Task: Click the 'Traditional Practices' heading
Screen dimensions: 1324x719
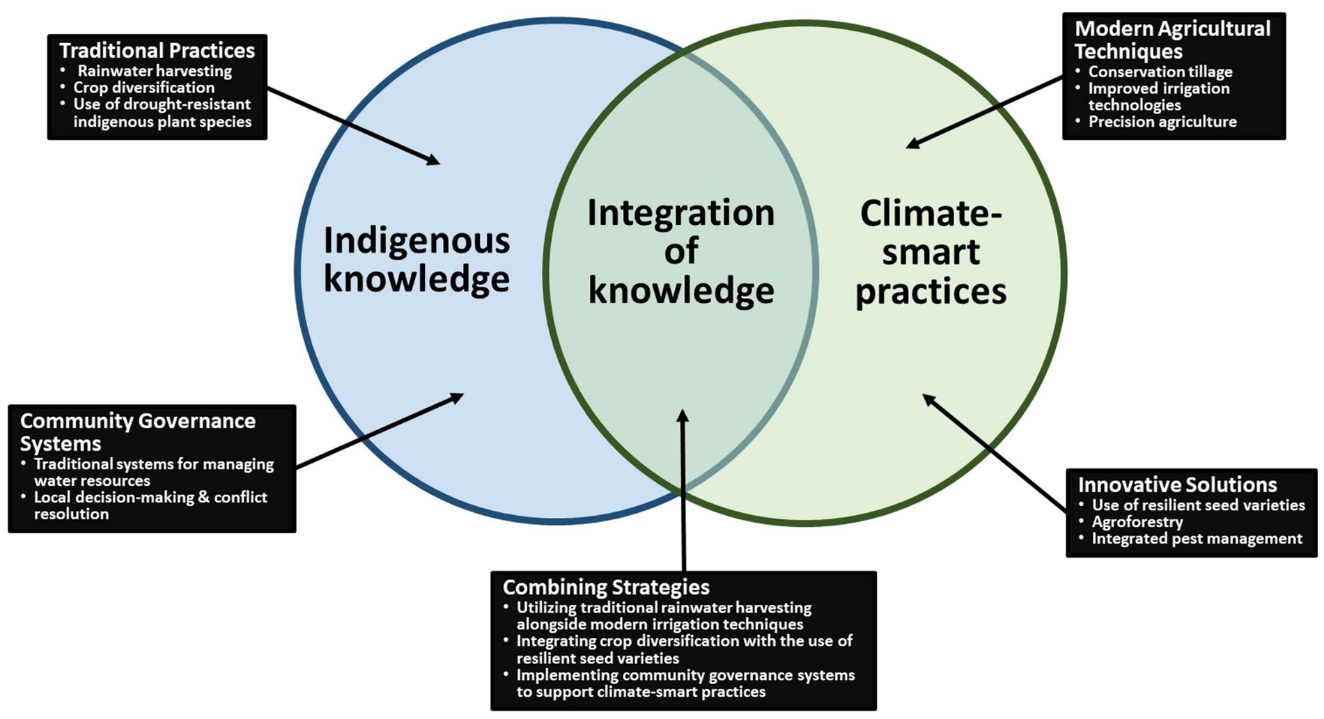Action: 157,51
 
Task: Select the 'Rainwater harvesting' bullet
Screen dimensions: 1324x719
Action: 154,71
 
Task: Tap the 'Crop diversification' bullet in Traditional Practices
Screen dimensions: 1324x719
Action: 143,88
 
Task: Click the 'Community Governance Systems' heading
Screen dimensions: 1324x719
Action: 137,432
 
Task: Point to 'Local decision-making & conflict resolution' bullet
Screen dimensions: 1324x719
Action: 150,505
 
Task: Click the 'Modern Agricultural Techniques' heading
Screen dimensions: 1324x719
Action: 1172,40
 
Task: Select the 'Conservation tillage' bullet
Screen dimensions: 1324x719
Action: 1160,72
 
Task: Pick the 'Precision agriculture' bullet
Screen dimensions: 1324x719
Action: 1162,122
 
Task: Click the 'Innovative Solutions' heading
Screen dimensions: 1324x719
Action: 1177,484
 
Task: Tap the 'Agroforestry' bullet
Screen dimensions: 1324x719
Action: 1137,522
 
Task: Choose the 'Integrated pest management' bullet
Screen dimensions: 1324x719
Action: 1196,539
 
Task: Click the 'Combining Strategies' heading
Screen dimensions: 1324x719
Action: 606,587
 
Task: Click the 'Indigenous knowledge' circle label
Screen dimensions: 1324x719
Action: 416,260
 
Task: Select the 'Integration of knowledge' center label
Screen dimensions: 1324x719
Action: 680,251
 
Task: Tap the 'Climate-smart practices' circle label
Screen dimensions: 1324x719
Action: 930,251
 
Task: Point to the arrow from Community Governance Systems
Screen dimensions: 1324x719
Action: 380,431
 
